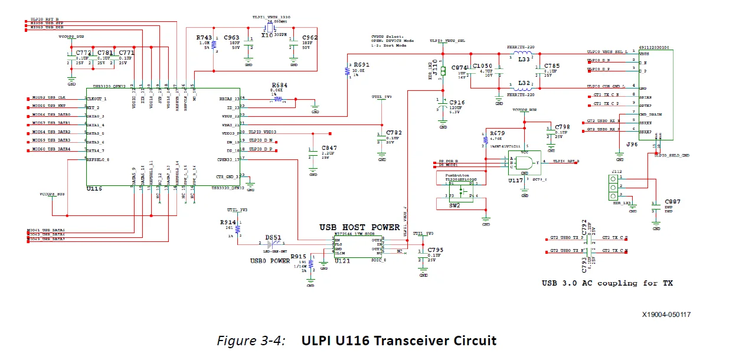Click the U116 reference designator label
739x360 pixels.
coord(94,189)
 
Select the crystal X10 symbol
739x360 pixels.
coord(269,28)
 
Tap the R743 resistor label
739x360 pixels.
coord(204,38)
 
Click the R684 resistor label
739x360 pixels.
coord(279,86)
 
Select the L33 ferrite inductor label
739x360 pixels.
coord(523,59)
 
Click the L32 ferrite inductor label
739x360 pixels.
coord(523,84)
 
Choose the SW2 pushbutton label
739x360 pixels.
coord(454,206)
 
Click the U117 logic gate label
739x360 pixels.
coord(515,180)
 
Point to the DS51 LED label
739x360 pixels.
coord(273,237)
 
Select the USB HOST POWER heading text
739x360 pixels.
coord(359,227)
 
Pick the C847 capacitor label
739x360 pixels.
coord(329,148)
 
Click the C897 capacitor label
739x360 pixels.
coord(672,202)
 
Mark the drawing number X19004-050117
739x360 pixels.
coord(666,315)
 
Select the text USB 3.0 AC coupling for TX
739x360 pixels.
coord(607,283)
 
